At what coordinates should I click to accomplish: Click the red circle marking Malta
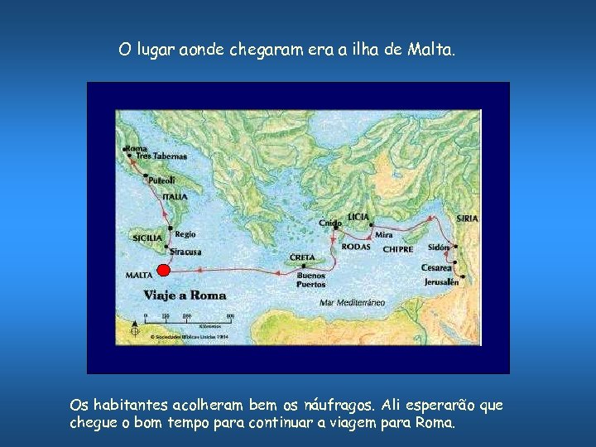pos(163,271)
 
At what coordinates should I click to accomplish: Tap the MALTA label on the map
pos(137,275)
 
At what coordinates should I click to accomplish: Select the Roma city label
pos(136,148)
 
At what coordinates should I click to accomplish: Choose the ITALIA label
pos(175,197)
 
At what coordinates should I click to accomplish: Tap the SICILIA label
pos(147,238)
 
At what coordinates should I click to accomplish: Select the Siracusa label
pos(186,252)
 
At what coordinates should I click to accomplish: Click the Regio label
pos(185,234)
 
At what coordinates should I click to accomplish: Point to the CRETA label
pos(302,257)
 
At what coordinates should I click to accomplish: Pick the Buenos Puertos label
pos(311,281)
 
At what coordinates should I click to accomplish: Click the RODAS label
pos(356,247)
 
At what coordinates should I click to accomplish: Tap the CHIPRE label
pos(397,249)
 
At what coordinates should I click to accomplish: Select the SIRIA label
pos(467,219)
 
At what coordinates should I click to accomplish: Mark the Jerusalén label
pos(441,282)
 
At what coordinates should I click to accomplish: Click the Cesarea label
pos(436,268)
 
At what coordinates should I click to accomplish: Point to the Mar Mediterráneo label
pos(352,303)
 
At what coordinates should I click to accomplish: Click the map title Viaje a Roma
pos(185,296)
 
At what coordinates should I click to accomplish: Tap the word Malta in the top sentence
pos(430,50)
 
